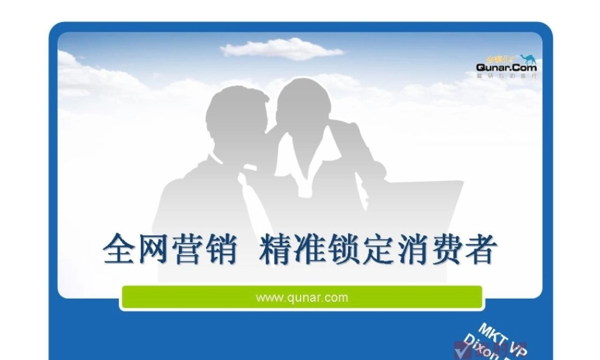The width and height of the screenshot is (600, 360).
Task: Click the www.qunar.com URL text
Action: [x=302, y=297]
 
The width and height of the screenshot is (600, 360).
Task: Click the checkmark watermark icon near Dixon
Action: [x=461, y=351]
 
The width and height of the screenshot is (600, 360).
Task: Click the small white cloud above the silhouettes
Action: [x=282, y=49]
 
